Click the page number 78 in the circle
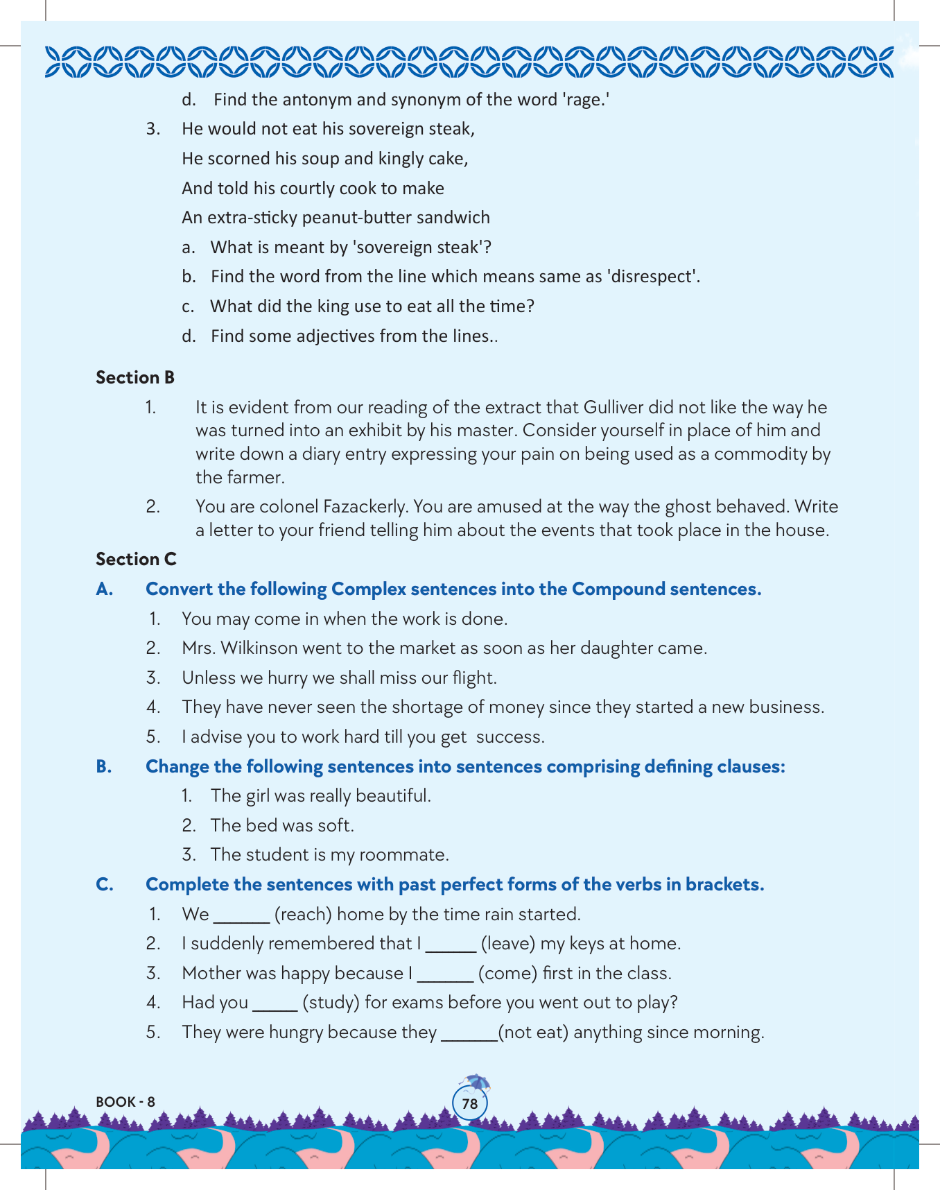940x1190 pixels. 470,1103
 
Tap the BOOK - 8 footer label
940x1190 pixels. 125,1101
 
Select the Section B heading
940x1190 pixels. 135,377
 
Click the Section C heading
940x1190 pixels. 136,559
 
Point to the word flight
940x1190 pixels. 473,678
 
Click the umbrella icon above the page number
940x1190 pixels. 476,1083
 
